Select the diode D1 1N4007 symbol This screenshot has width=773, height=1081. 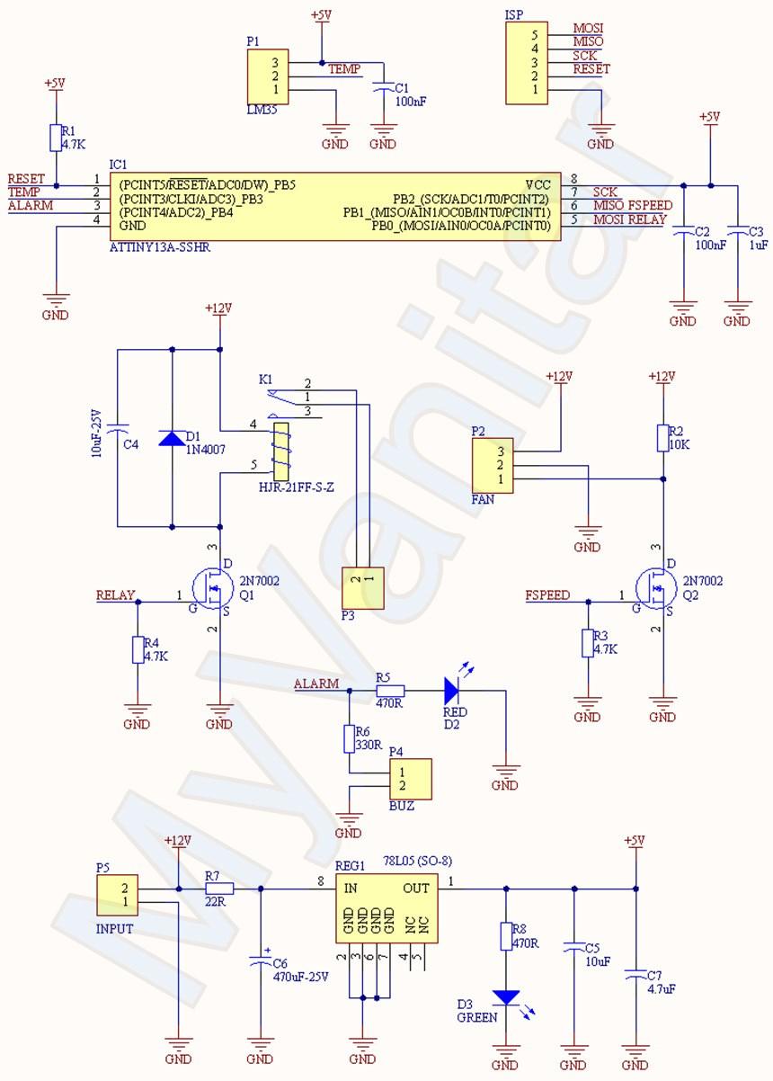point(171,438)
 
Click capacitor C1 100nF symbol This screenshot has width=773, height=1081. point(384,87)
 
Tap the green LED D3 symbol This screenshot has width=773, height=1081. point(506,997)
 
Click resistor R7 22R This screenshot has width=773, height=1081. point(219,889)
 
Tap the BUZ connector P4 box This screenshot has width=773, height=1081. point(410,779)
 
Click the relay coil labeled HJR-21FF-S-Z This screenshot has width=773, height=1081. point(280,452)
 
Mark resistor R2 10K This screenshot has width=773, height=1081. point(662,438)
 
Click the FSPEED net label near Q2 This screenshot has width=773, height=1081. point(547,595)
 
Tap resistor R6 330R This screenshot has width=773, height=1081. point(350,739)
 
